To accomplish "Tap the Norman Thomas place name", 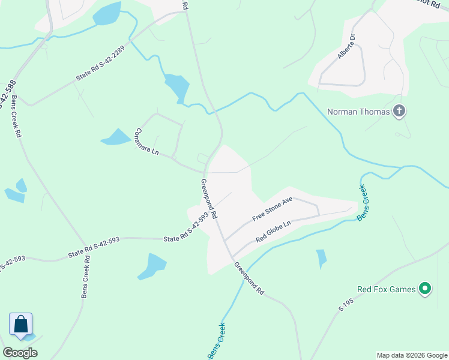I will click(x=358, y=111).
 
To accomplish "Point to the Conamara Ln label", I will click(x=146, y=142).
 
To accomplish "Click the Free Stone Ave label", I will click(x=272, y=208).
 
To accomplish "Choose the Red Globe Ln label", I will click(x=273, y=231).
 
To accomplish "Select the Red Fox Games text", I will click(x=387, y=289).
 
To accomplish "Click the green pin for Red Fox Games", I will click(x=426, y=289).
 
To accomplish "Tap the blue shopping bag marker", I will click(x=20, y=324).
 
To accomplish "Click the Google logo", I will click(x=20, y=352).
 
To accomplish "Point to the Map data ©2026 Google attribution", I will click(x=411, y=355).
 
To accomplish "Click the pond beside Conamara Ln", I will click(x=116, y=137).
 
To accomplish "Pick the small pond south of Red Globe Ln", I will click(x=321, y=258).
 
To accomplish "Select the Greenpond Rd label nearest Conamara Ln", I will click(x=209, y=199).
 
